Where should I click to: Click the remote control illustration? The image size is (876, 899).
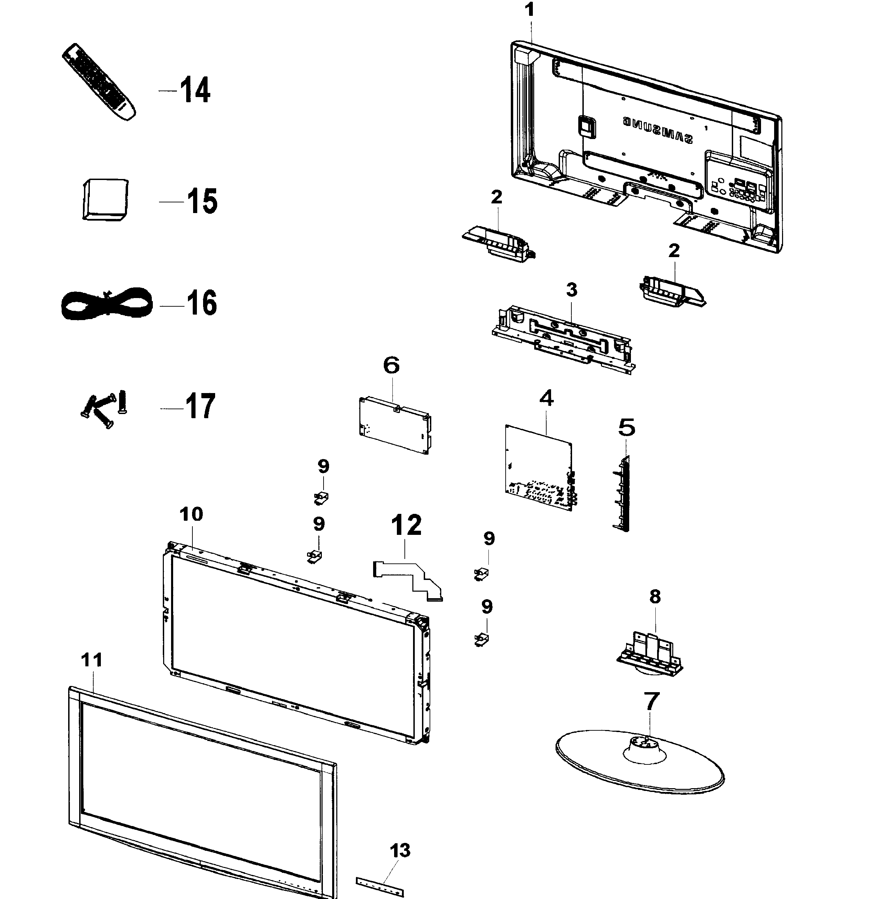pos(98,82)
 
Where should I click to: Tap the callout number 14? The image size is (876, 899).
pos(195,90)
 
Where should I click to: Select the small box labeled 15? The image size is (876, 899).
pos(105,199)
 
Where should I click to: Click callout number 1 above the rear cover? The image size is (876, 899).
pos(530,10)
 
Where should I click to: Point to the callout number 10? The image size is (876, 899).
pos(191,514)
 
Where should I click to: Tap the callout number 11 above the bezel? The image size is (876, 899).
pos(92,660)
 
